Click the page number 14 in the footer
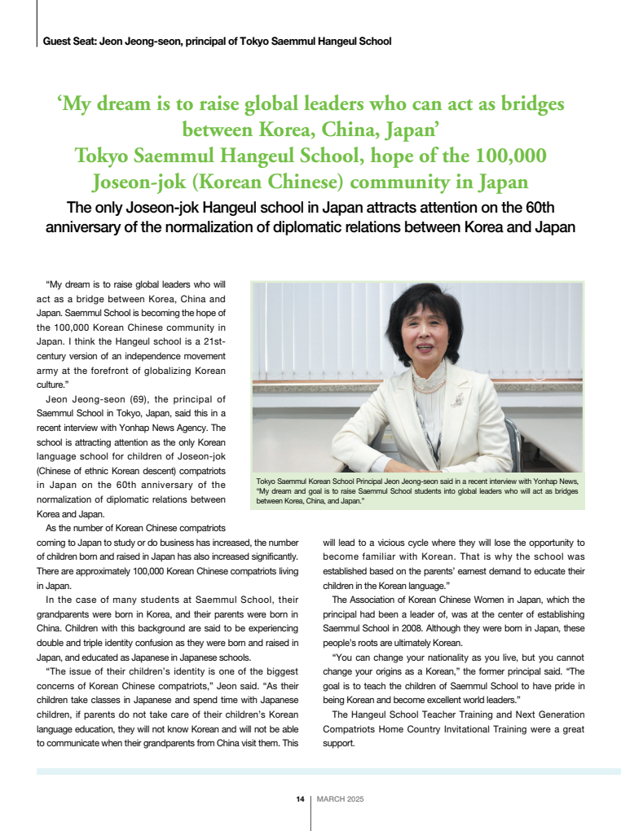pyautogui.click(x=300, y=799)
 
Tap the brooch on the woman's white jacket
pyautogui.click(x=458, y=399)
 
